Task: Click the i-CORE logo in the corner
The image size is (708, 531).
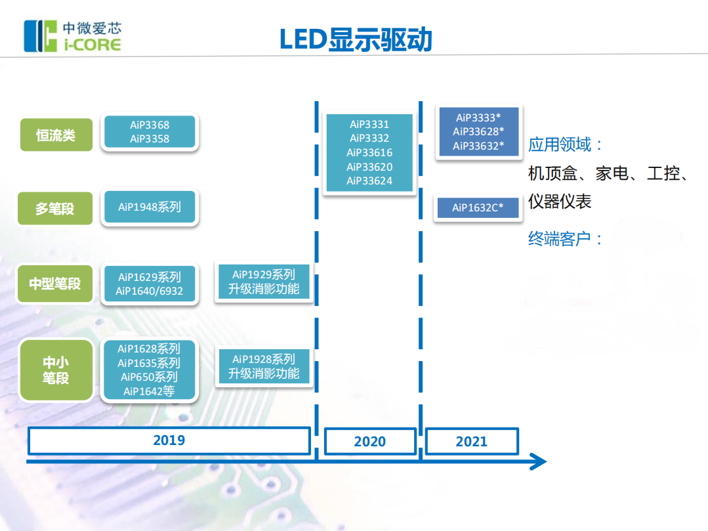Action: point(72,36)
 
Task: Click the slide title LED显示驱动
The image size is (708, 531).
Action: point(355,39)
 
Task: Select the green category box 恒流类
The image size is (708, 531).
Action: point(56,135)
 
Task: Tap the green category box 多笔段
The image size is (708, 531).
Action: point(55,209)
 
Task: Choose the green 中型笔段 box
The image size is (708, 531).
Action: point(55,284)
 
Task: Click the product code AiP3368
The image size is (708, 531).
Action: point(150,125)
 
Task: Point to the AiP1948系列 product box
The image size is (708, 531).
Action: point(150,207)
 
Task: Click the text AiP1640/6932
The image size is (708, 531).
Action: point(150,291)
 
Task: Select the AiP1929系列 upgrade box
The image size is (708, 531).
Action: point(264,282)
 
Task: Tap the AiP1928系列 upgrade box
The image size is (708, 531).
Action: point(264,366)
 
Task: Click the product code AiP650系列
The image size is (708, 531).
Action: point(150,377)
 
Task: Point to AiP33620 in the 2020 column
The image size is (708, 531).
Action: point(369,167)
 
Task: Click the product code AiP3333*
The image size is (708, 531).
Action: point(478,118)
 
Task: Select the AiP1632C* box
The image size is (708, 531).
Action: point(478,208)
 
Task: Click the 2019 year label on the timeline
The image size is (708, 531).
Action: point(169,440)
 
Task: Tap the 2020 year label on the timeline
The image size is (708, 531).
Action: point(370,442)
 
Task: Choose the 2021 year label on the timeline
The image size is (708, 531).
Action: point(471,442)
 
